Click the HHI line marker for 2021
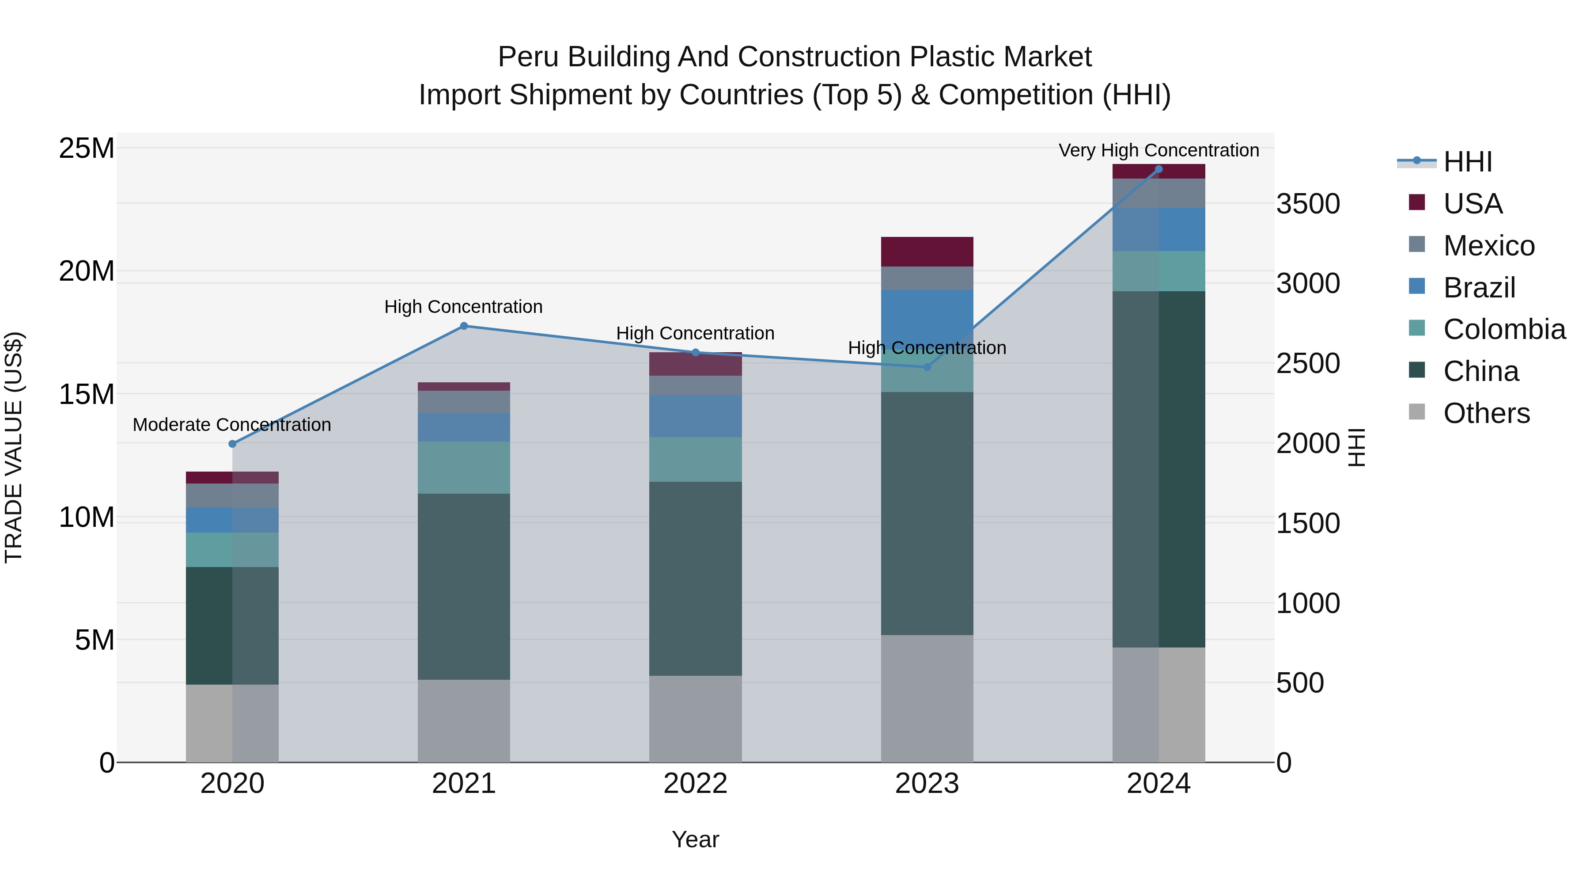coord(464,326)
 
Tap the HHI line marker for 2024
coord(1158,169)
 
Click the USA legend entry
coord(1472,204)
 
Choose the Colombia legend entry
coord(1503,329)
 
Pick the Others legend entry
coord(1486,413)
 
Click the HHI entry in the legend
coord(1467,162)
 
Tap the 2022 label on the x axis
coord(695,784)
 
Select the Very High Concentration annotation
coord(1158,150)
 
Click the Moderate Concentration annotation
coord(232,425)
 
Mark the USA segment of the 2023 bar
coord(927,251)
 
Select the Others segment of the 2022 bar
coord(695,718)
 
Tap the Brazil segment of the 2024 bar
coord(1158,229)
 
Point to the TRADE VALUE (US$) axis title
coord(14,447)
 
